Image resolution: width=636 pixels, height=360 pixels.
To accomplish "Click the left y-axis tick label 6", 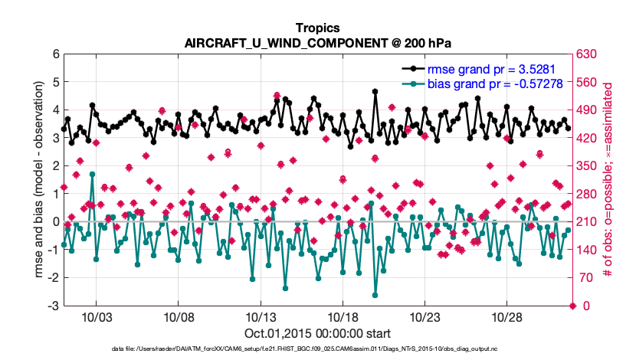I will point(56,54).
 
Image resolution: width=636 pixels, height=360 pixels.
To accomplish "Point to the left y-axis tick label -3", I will point(54,306).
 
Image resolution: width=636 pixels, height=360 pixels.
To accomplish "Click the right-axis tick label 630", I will point(588,54).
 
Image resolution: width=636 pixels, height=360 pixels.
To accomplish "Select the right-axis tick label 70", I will point(585,278).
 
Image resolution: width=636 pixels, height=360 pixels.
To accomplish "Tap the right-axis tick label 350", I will point(588,166).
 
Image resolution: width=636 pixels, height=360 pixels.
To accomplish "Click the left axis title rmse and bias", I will point(38,180).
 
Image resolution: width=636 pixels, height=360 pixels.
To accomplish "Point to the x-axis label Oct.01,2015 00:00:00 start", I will point(317,334).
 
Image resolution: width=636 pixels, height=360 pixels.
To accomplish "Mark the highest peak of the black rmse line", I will point(375,91).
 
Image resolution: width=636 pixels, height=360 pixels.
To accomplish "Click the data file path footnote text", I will point(317,349).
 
